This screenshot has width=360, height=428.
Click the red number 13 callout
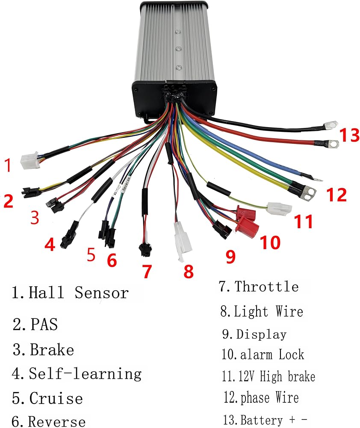[x=349, y=135]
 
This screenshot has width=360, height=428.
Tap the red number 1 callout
[x=8, y=165]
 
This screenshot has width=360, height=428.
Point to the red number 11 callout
[x=303, y=221]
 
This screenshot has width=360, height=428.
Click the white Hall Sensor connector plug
[x=30, y=160]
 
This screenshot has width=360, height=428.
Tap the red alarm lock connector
[x=247, y=222]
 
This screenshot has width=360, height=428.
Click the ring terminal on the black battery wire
[x=330, y=125]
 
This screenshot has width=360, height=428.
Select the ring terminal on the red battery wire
[x=332, y=144]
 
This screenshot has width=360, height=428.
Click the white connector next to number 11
[x=280, y=209]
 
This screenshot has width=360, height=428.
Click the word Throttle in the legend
[x=266, y=287]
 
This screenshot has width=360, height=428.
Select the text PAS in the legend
[x=44, y=324]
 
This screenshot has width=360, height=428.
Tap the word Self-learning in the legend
[x=85, y=374]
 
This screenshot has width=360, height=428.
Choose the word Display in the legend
[x=261, y=334]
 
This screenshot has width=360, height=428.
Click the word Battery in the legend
[x=261, y=420]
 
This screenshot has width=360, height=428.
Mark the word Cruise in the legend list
[x=56, y=398]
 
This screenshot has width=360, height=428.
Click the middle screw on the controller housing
[x=179, y=49]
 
